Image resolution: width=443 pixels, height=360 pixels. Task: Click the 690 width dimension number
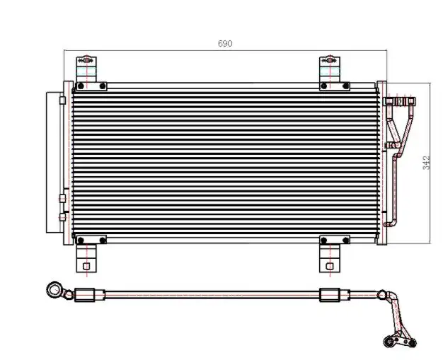(x=225, y=43)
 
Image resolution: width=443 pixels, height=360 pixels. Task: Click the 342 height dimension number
(x=426, y=163)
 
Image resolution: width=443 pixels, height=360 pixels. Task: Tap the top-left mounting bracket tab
(x=86, y=69)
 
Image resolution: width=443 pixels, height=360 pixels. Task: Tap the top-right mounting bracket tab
(x=330, y=69)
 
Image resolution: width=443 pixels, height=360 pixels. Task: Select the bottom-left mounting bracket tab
(x=86, y=258)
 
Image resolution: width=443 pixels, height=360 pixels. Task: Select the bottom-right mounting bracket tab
(x=330, y=258)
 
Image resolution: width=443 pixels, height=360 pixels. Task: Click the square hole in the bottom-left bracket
(x=86, y=266)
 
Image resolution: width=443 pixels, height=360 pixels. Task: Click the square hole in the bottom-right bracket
(x=330, y=266)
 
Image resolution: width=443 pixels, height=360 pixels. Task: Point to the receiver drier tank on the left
(x=54, y=163)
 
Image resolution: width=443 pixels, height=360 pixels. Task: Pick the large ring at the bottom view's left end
(x=54, y=290)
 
